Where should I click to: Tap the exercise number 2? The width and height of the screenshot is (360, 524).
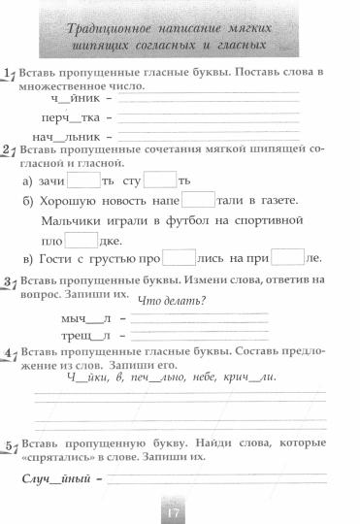click(x=8, y=151)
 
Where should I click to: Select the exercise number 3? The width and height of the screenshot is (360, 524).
click(x=8, y=281)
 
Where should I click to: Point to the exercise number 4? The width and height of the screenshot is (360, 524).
click(x=8, y=353)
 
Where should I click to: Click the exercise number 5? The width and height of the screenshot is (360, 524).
click(x=8, y=444)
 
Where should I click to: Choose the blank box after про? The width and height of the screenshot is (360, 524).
click(x=179, y=259)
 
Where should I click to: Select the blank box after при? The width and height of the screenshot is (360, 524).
click(x=288, y=259)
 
